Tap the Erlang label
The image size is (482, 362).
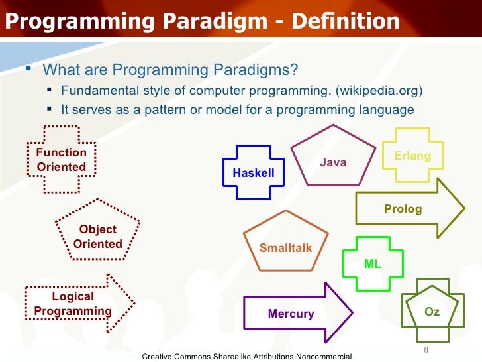(412, 156)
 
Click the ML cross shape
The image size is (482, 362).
(373, 263)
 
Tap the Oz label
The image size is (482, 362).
(432, 310)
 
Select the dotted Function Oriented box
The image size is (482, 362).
(61, 160)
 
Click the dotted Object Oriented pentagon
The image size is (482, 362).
(97, 235)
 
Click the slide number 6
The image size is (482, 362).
(426, 349)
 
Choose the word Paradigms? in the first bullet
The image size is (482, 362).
(262, 70)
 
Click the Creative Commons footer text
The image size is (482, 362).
(246, 357)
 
